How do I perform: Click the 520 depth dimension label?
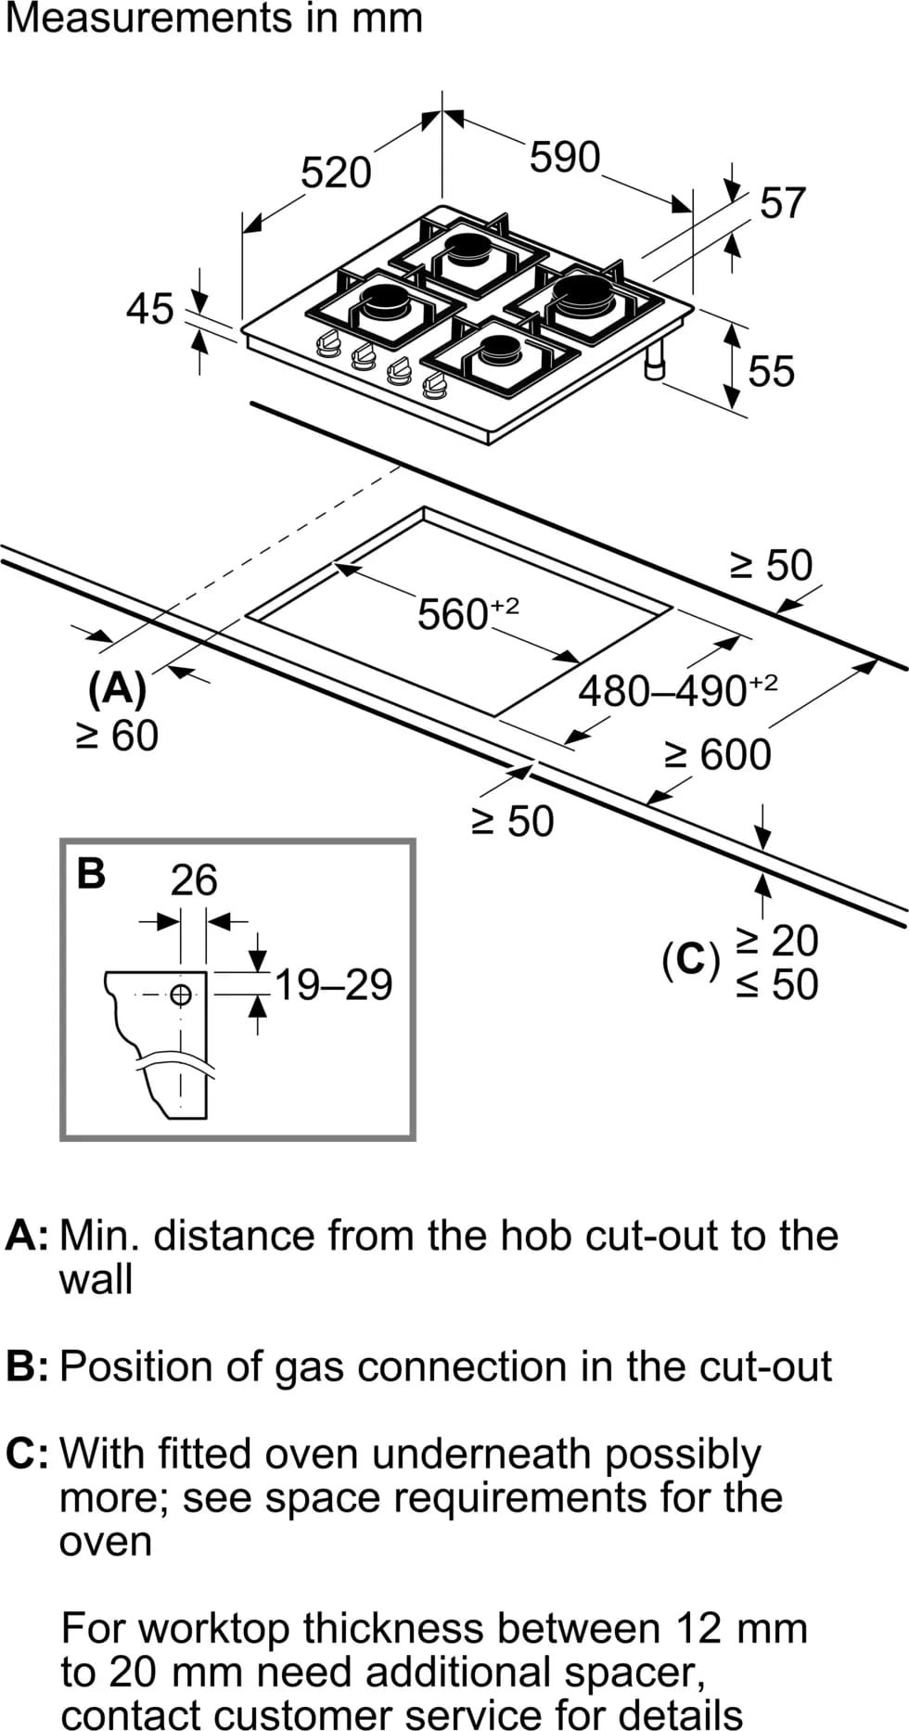point(336,173)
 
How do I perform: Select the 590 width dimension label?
point(565,158)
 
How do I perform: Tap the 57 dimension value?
point(783,203)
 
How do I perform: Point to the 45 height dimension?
point(150,309)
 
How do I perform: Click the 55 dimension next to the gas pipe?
point(772,371)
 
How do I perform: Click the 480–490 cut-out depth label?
point(677,690)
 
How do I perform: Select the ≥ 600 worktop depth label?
point(718,754)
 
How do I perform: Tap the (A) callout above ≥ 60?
point(117,688)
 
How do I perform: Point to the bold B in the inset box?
point(91,874)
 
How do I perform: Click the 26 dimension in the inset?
point(194,879)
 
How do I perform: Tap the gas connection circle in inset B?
point(182,994)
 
